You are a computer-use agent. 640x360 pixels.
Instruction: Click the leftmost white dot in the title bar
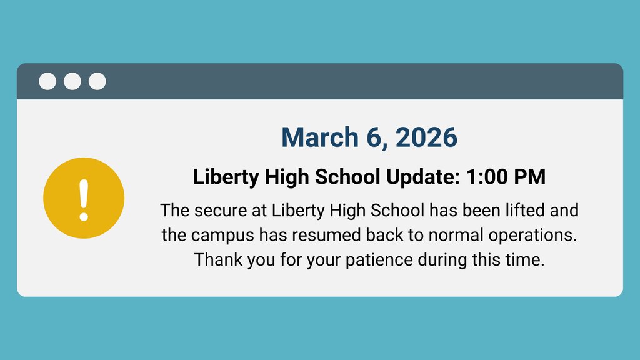tap(47, 81)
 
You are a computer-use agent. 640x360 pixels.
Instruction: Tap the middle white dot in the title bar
tap(72, 81)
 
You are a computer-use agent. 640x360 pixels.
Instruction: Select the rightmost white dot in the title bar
tap(97, 81)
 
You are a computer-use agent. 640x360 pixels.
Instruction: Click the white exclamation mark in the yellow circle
tap(84, 198)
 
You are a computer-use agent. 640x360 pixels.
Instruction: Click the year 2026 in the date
tap(427, 137)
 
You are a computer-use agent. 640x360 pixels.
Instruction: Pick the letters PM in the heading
tap(531, 177)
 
